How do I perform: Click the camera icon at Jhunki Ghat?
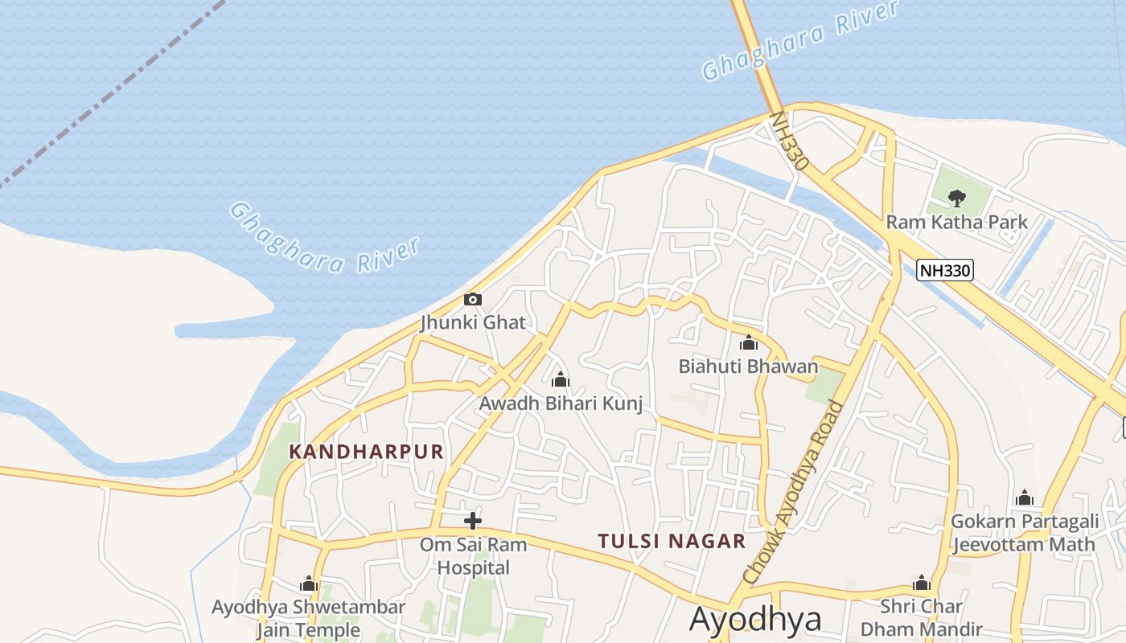pos(473,300)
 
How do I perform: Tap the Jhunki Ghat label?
pos(473,323)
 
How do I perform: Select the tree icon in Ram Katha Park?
pos(956,197)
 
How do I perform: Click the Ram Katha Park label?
pos(956,222)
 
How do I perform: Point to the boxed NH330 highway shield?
pos(945,270)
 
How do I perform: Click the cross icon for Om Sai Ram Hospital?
pos(473,520)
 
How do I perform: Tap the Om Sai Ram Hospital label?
pos(473,556)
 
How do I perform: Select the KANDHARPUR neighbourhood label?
pos(366,452)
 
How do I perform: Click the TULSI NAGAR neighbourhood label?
pos(672,541)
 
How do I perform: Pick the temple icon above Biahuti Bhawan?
pos(749,343)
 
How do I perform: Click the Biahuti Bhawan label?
pos(748,367)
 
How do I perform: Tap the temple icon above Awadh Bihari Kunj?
pos(561,379)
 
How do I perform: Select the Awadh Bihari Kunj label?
pos(561,403)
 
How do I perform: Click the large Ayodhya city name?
pos(755,620)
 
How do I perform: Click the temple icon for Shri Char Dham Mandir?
pos(922,583)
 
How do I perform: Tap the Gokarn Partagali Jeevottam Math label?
pos(1024,533)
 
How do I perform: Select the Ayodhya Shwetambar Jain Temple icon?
pos(309,584)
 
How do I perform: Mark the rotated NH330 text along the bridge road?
pos(789,141)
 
